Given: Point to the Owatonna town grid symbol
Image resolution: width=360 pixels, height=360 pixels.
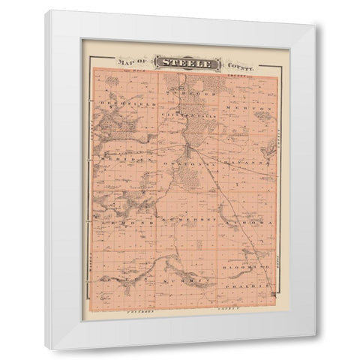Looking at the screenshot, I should (194, 154).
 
